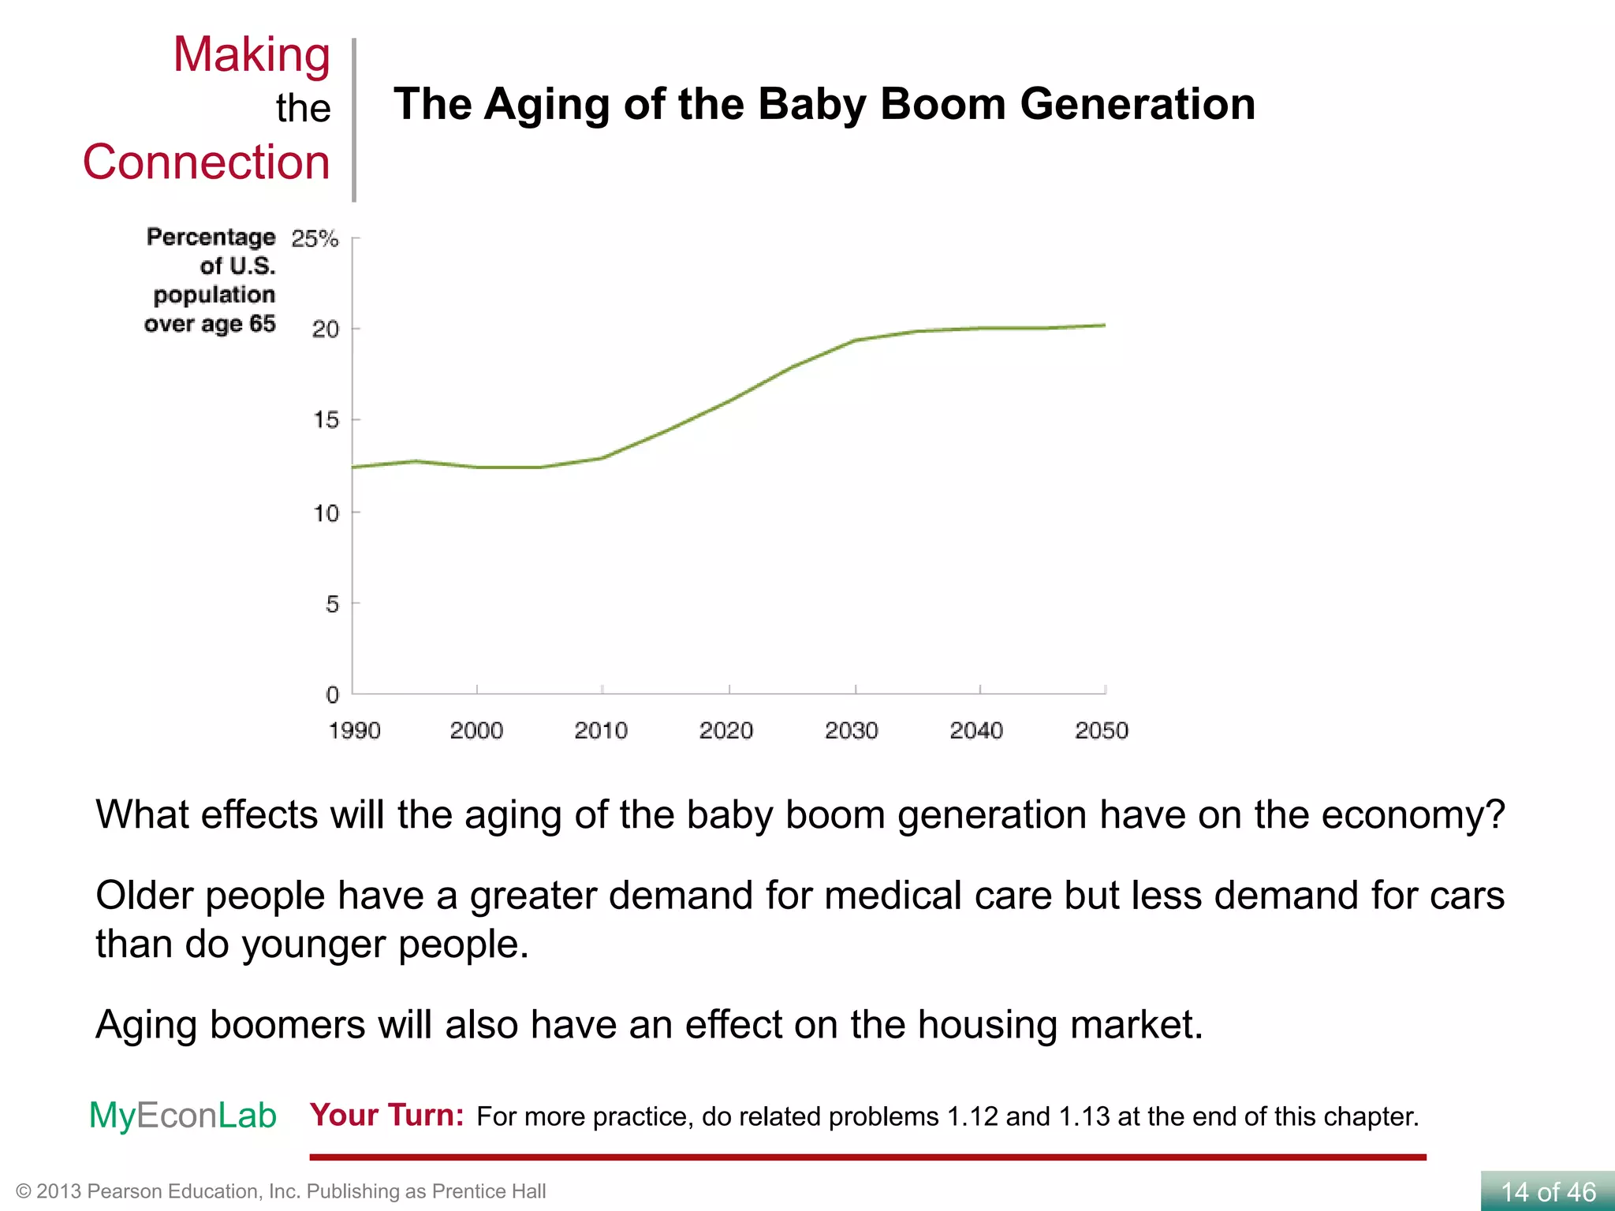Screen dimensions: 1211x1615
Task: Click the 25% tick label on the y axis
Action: click(x=315, y=238)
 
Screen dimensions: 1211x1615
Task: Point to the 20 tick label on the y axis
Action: click(x=325, y=329)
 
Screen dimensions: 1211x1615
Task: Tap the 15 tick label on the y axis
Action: click(x=326, y=419)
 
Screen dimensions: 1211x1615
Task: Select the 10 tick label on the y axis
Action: click(x=326, y=513)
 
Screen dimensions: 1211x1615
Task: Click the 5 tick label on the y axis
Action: click(x=332, y=604)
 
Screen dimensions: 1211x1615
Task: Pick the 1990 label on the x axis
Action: click(x=354, y=731)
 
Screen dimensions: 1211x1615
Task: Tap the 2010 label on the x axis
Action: click(x=601, y=731)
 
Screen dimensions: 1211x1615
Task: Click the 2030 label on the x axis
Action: click(x=851, y=731)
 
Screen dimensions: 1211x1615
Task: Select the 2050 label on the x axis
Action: click(x=1102, y=731)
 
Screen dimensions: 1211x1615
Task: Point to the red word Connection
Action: click(x=206, y=162)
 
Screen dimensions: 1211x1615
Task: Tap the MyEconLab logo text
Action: click(x=182, y=1115)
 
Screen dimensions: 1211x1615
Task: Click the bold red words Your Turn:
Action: click(x=386, y=1115)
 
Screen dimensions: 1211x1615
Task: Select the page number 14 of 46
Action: click(x=1548, y=1191)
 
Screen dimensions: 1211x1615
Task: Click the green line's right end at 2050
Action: click(x=1104, y=325)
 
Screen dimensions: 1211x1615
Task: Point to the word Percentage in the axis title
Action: click(x=211, y=237)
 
